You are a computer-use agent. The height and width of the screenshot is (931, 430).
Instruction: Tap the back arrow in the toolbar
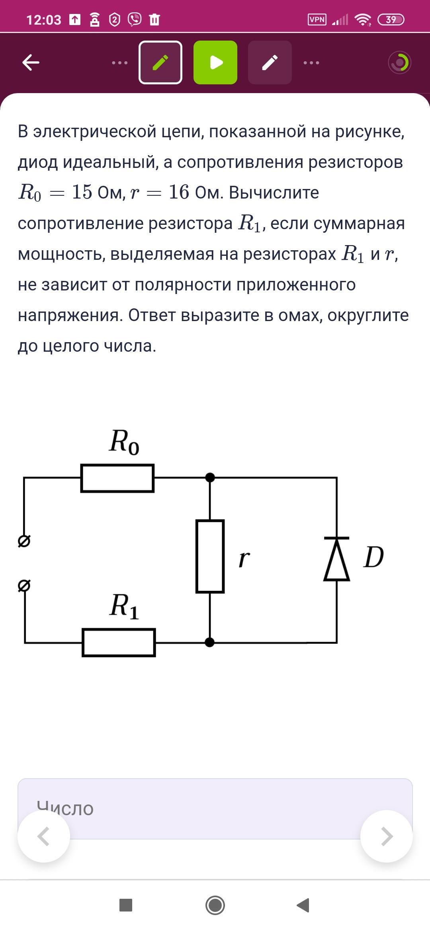coord(31,62)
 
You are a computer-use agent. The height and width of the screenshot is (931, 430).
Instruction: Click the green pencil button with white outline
coord(160,62)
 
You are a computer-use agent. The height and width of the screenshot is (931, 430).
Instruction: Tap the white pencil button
coord(270,62)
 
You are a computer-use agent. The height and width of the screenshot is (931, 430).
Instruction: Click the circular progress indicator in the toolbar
coord(399,62)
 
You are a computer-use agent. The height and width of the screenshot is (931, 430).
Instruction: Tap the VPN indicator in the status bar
coord(317,19)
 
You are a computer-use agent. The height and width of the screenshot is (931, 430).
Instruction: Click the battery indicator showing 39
coord(391,19)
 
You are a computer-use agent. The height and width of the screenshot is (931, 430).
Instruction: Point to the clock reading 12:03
coord(43,20)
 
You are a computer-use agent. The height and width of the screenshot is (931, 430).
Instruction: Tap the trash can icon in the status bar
coord(154,19)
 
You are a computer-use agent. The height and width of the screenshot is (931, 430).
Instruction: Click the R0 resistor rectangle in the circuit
coord(117,478)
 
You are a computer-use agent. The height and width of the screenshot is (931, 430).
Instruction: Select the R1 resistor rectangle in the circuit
coord(119,642)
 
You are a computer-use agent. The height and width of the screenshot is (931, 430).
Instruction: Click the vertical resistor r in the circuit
coord(210,556)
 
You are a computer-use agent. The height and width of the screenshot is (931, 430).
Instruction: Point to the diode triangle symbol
coord(337,559)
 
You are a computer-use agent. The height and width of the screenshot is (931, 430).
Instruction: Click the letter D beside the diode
coord(373,557)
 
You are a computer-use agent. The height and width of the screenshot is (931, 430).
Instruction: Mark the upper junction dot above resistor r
coord(210,477)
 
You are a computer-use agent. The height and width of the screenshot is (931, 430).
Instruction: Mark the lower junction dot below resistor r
coord(209,642)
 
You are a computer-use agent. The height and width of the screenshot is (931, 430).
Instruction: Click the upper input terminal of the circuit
coord(24,541)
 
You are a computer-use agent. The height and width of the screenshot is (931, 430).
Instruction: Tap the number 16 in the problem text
coord(179,192)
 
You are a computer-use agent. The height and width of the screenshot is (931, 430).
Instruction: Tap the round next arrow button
coord(386,836)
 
